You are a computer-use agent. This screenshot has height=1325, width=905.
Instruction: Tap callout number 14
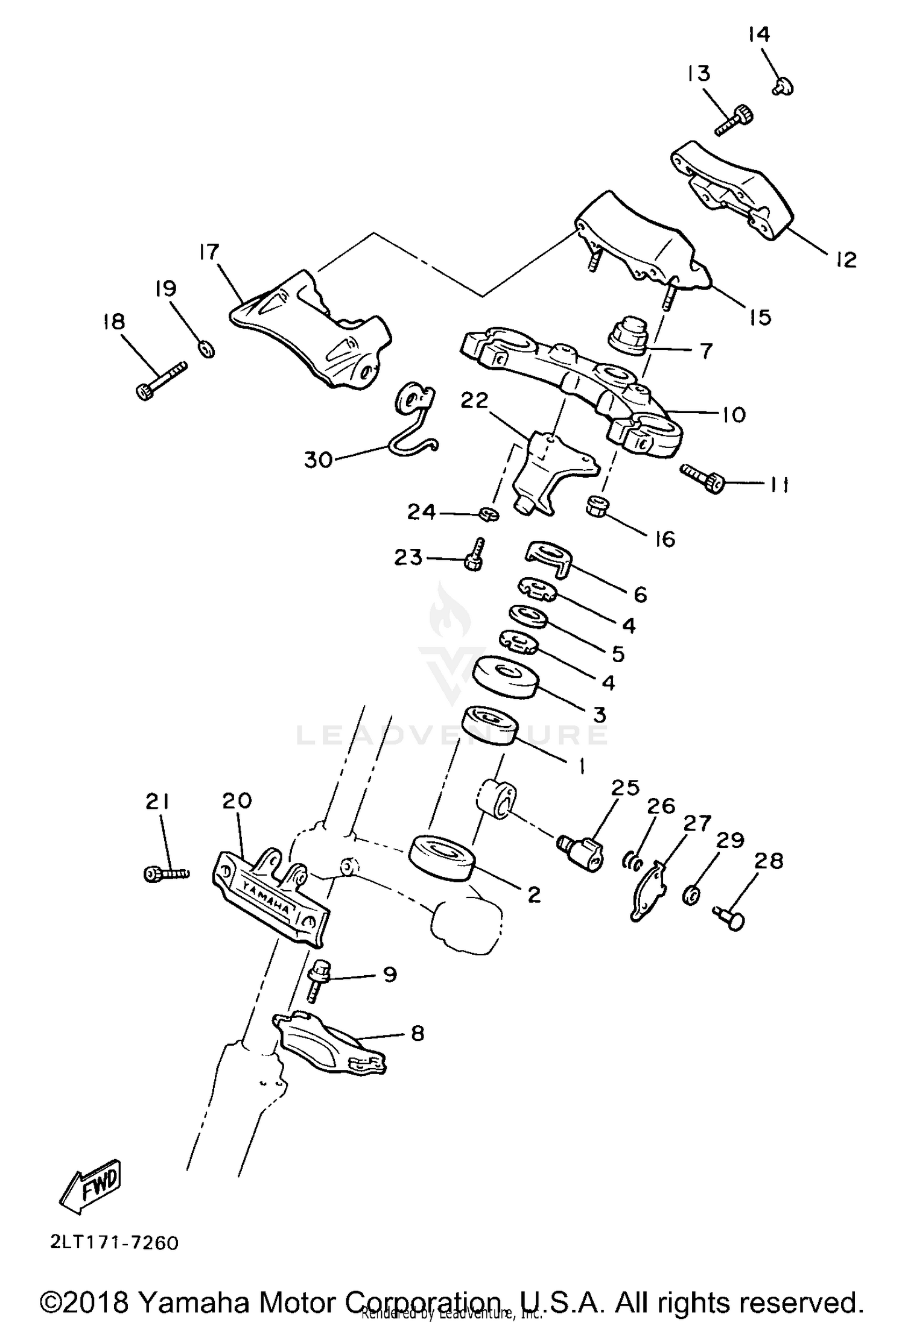click(x=759, y=35)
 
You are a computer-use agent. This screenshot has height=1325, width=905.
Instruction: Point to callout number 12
click(x=846, y=260)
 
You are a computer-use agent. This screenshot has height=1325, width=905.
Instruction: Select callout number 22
click(x=474, y=400)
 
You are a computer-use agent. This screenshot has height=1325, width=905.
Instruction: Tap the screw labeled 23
click(x=474, y=555)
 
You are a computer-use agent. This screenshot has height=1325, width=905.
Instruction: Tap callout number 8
click(x=417, y=1034)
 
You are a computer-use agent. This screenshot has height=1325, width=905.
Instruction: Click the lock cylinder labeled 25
click(x=580, y=851)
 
